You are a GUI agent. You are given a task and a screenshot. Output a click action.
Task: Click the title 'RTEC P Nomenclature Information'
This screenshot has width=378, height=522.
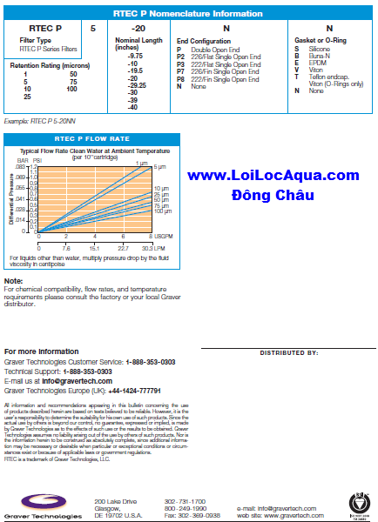[x=189, y=13]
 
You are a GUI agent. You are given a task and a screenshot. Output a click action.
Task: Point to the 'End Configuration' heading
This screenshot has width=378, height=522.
[x=206, y=41]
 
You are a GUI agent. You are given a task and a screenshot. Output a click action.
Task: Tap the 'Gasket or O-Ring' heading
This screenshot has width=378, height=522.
[x=321, y=41]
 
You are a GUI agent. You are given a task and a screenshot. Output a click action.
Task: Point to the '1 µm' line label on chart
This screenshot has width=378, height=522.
[x=144, y=163]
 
